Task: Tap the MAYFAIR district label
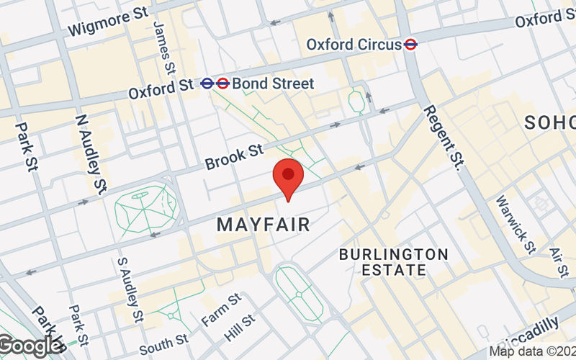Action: coord(264,225)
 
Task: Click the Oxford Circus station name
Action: coord(354,45)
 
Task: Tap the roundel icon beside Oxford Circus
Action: coord(411,45)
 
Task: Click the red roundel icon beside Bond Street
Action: coord(222,84)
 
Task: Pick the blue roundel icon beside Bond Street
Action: coord(207,84)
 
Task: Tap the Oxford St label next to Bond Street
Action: coord(161,89)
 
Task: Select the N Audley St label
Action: coord(90,153)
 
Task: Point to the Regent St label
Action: coord(442,136)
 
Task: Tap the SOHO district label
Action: coord(549,122)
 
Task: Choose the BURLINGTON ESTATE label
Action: coord(393,262)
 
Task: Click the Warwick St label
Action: coord(516,224)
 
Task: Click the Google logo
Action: coord(30,346)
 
